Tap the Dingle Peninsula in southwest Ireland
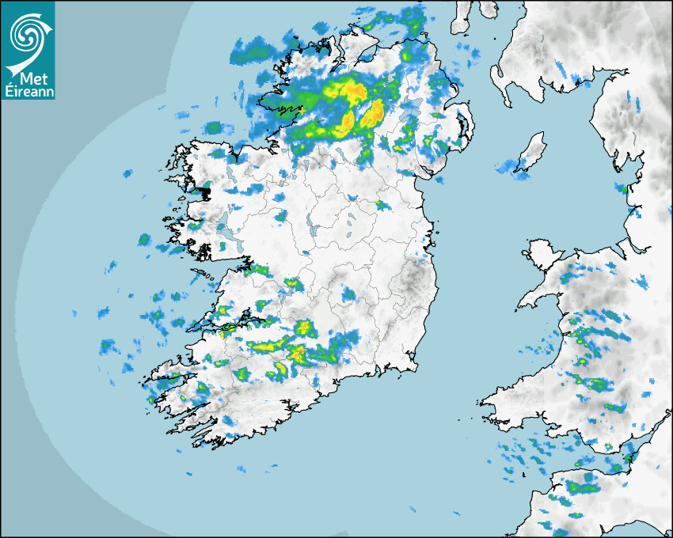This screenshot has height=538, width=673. click(170, 377)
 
